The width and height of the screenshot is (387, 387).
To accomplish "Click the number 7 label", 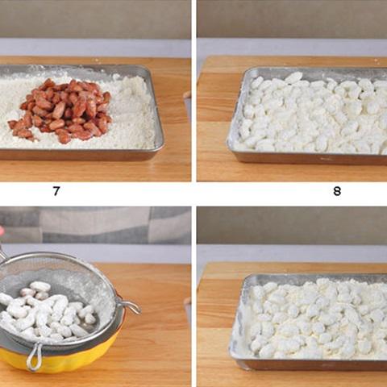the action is point(56,191).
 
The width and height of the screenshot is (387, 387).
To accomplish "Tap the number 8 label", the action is point(337,191).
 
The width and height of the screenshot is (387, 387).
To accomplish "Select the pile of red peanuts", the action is point(60,110).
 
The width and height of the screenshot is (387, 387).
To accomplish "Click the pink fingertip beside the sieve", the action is point(2,231).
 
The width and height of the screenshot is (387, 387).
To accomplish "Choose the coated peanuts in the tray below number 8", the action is point(314,320).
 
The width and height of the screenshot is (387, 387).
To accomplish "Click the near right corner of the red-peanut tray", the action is point(160,148).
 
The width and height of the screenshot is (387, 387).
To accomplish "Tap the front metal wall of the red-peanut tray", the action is point(78,155).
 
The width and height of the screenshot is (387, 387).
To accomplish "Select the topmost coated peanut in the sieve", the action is point(40,286).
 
